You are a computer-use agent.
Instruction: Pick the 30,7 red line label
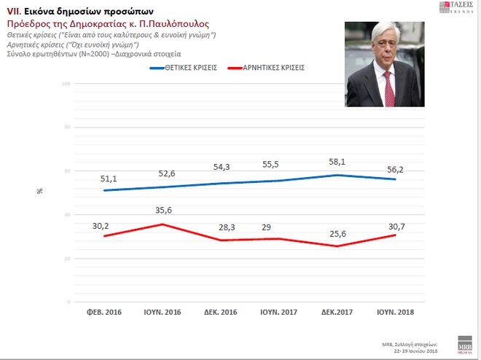click(396, 227)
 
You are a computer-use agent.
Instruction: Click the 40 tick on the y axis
click(66, 215)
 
